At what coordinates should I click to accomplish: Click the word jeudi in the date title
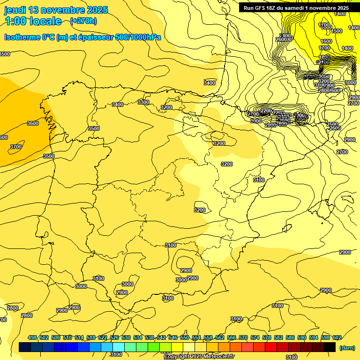tap(15, 10)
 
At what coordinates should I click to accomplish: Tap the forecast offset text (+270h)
tap(83, 21)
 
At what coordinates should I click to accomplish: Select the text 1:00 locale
tap(33, 21)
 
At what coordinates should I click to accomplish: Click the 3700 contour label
tap(16, 147)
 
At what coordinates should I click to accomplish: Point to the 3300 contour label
tap(143, 102)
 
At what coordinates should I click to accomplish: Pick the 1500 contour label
tap(337, 31)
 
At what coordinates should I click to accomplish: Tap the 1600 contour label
tap(326, 41)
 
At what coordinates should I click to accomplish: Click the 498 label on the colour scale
tap(32, 337)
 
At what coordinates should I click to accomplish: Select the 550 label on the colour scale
tap(185, 337)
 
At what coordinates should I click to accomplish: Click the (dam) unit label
tap(347, 348)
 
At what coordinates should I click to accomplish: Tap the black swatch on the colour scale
tap(330, 347)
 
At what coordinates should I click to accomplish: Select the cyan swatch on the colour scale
tap(119, 347)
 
